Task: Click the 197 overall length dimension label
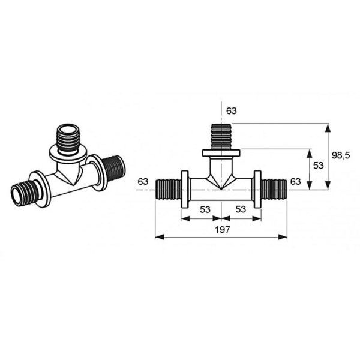coord(222,230)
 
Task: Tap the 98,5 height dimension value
coord(341,155)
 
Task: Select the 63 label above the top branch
coord(231,111)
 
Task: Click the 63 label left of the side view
coord(143,182)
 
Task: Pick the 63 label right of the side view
coord(295,182)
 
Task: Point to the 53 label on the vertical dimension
coord(318,166)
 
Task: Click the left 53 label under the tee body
coord(205,209)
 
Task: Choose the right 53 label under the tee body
coord(241,209)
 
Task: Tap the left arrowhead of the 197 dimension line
coord(160,237)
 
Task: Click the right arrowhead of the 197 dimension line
coord(283,237)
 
